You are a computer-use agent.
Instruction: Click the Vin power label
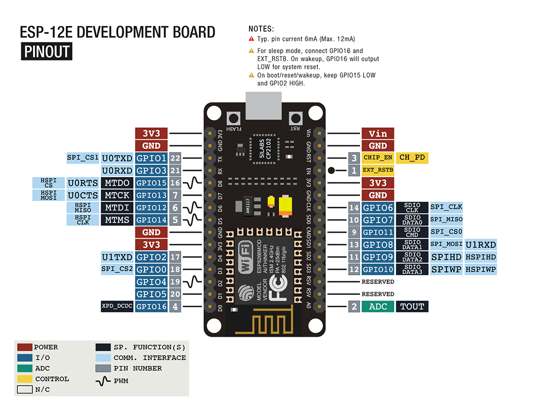378,133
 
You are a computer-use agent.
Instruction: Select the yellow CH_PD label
413,157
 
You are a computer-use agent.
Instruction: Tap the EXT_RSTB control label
378,170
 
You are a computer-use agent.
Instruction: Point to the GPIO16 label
151,306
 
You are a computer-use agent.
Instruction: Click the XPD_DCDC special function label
117,306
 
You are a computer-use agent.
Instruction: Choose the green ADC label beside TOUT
378,306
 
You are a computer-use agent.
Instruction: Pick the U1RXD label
481,245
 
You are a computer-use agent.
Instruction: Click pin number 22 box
175,158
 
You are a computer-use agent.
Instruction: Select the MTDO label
117,183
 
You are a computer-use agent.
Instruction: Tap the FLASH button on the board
234,118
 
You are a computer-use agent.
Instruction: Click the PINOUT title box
47,52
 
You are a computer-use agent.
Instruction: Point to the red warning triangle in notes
252,39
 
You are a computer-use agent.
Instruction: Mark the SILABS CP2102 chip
263,149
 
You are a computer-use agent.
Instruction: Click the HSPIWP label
481,269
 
